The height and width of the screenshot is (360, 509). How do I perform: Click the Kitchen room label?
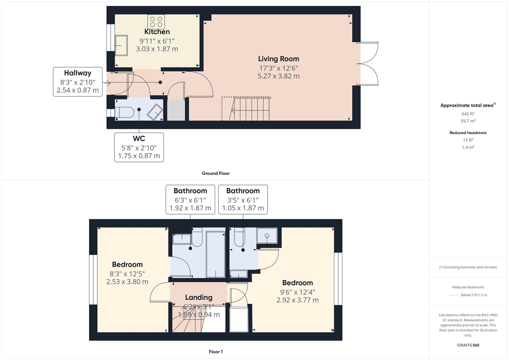point(157,32)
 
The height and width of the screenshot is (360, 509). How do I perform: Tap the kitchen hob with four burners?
point(156,22)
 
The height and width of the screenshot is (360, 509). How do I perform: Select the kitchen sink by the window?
point(121,45)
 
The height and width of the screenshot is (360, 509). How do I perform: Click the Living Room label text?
point(278,59)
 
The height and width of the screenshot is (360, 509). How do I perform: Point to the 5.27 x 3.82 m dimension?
point(278,76)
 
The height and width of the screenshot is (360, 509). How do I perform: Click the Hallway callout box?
point(78,82)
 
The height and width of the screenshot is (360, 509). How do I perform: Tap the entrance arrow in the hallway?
point(107,83)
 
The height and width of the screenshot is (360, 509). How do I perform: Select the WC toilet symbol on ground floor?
point(124,112)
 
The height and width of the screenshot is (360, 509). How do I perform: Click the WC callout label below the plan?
point(139,147)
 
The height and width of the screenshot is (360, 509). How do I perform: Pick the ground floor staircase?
point(250,109)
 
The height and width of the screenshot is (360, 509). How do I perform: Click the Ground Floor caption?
point(215,173)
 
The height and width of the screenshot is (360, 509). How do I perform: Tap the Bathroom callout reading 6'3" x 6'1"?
point(190,200)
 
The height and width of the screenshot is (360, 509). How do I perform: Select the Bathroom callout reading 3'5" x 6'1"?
point(243,200)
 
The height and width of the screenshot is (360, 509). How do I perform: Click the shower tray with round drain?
point(267,236)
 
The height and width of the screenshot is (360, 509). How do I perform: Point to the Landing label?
point(199,297)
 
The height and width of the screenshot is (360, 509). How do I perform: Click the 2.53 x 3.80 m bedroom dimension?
point(127,282)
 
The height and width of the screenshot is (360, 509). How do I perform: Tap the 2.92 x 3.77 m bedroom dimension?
point(297,300)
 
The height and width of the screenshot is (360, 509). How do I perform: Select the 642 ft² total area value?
point(468,114)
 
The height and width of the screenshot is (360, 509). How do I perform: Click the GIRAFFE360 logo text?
point(468,345)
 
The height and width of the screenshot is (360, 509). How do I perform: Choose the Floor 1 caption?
point(216,352)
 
